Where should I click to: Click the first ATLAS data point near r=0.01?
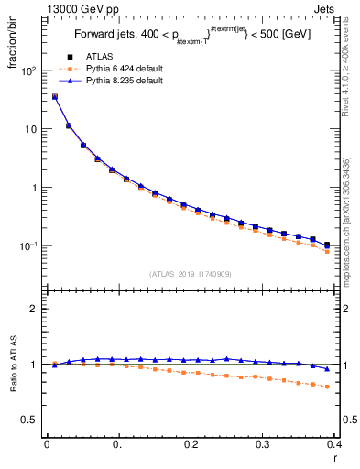click(54, 96)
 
